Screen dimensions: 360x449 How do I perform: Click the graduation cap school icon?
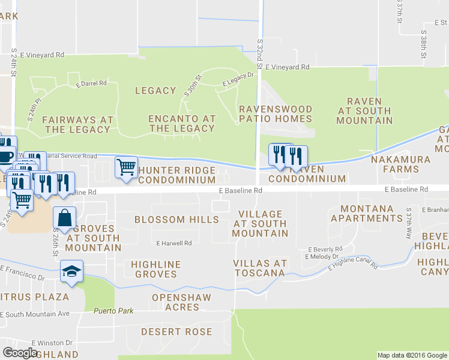(x=72, y=272)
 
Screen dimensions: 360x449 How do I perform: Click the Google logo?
(x=20, y=352)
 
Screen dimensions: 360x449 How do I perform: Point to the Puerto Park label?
(x=112, y=311)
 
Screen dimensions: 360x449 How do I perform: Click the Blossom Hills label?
(x=176, y=220)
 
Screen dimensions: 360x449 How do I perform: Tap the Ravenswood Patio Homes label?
(x=276, y=114)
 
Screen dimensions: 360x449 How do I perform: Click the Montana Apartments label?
(x=366, y=214)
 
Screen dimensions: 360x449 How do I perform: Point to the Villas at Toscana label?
(x=261, y=268)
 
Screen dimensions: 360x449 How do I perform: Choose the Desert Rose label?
(x=176, y=331)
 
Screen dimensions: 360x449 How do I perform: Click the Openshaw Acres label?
(x=175, y=302)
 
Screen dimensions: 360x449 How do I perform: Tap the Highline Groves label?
(x=154, y=269)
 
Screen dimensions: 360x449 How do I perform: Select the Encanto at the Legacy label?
(x=182, y=124)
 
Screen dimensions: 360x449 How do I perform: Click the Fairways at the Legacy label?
(x=78, y=124)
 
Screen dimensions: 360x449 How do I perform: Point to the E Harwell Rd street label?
(x=173, y=244)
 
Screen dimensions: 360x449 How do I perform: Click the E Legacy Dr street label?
(x=238, y=79)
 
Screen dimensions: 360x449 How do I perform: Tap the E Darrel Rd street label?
(x=92, y=83)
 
